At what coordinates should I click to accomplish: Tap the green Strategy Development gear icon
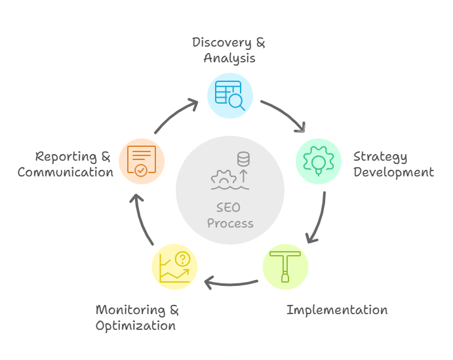[x=319, y=160]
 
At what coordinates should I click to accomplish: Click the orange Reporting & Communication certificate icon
[x=142, y=160]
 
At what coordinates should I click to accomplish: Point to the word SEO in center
[x=228, y=208]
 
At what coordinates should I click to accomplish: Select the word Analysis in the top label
[x=229, y=58]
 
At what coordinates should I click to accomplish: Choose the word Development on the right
[x=393, y=172]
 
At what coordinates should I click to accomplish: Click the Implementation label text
[x=337, y=310]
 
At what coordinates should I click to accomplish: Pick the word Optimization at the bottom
[x=136, y=325]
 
